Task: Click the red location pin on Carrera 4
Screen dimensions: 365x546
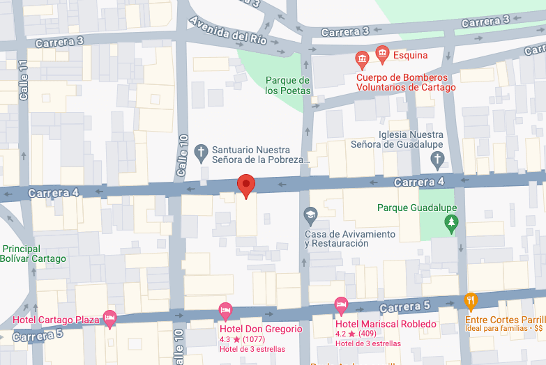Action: [245, 185]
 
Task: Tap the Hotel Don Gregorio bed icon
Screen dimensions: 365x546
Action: [225, 309]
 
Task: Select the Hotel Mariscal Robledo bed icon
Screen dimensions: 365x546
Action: [341, 304]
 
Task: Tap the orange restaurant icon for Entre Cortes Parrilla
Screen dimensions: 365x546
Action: [471, 301]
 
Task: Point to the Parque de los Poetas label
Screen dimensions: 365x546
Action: [287, 86]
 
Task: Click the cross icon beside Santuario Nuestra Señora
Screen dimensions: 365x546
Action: [201, 153]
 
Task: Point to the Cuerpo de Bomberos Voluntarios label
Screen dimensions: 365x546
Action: [406, 82]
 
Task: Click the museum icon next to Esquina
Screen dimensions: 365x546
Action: [381, 53]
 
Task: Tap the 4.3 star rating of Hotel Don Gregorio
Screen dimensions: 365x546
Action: [230, 339]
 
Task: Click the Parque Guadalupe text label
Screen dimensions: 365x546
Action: [416, 208]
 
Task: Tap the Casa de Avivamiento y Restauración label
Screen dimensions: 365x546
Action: [349, 239]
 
